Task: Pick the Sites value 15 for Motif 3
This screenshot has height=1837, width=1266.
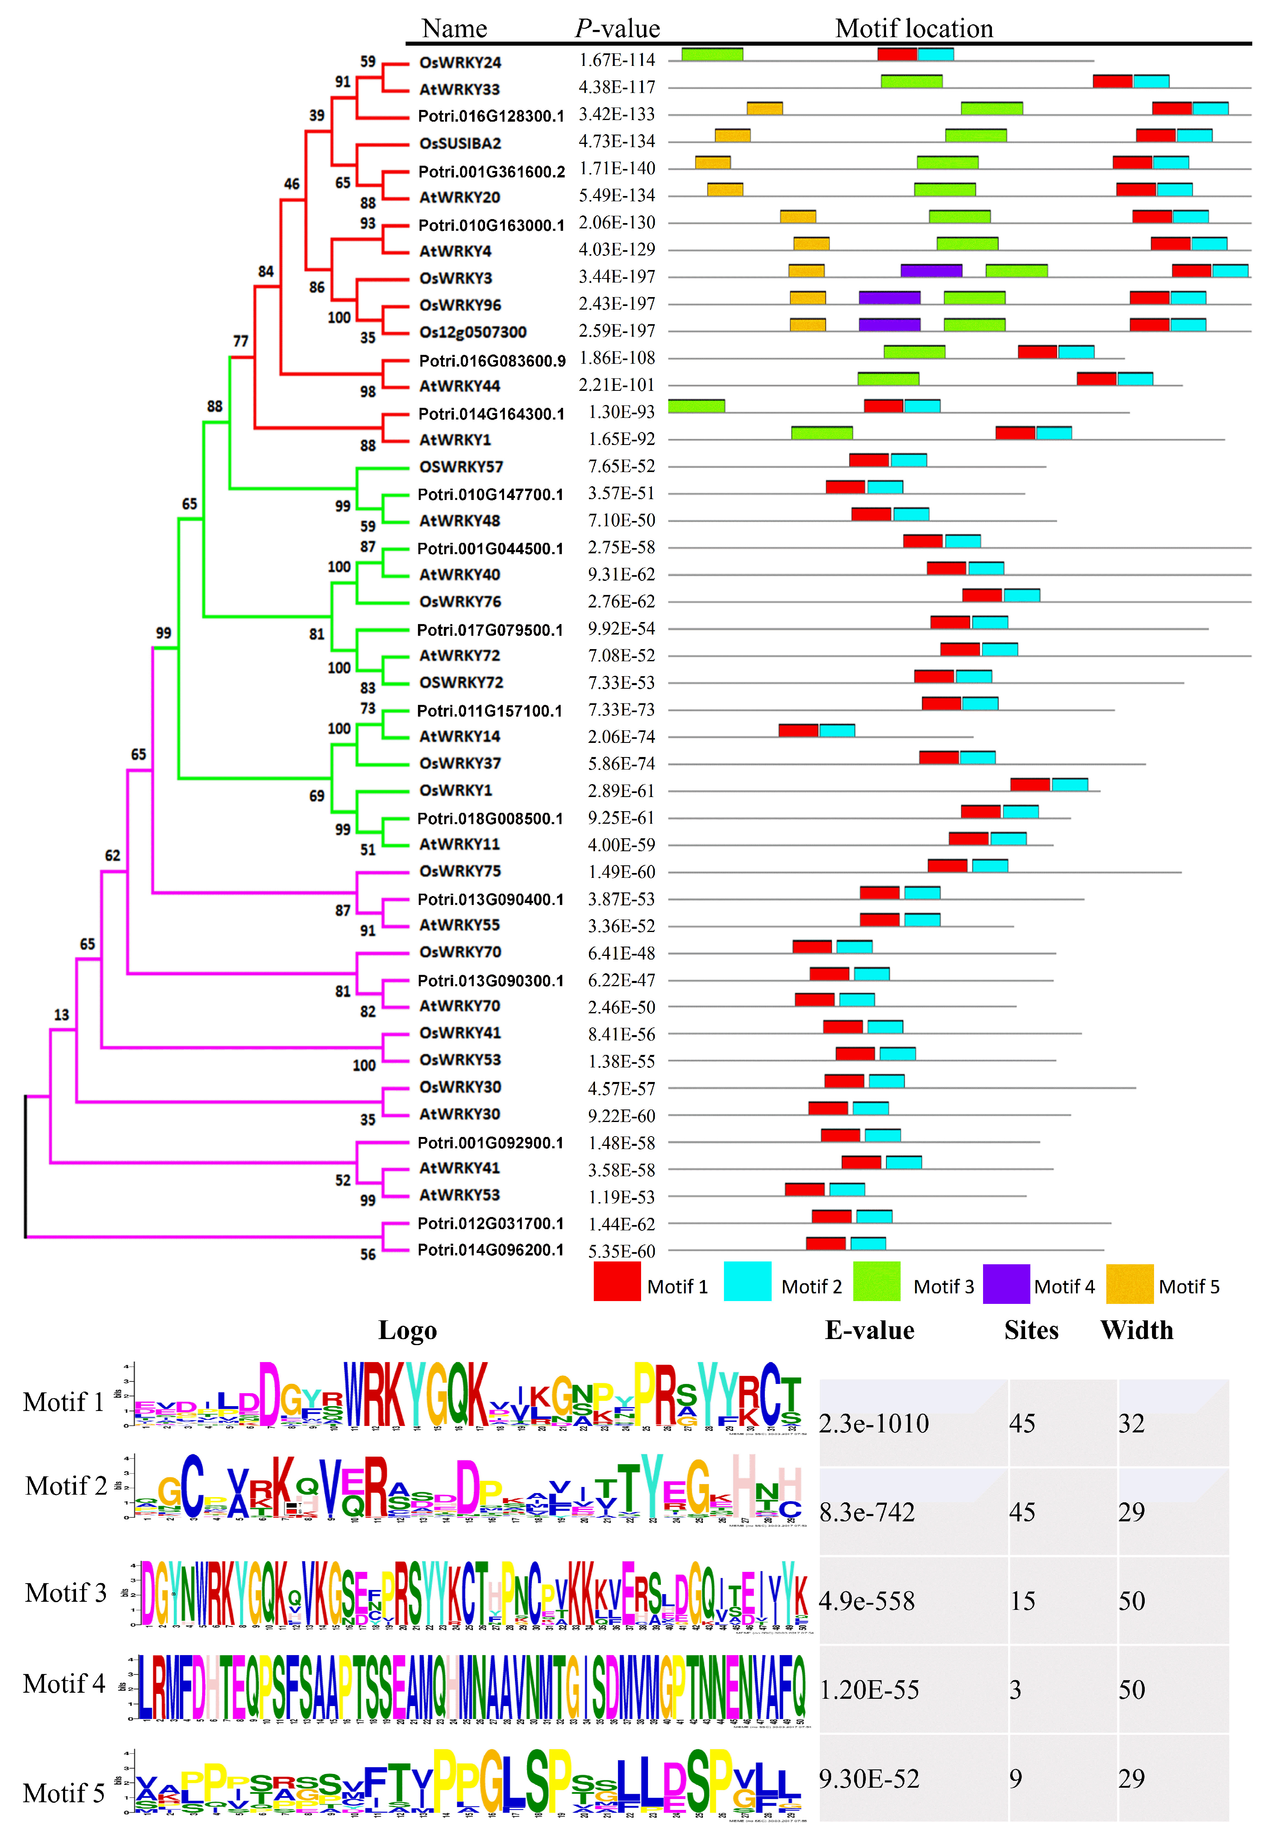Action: click(1023, 1601)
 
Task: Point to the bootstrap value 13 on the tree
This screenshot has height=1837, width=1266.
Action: click(61, 1014)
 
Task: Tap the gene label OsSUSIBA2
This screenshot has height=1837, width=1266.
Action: click(460, 143)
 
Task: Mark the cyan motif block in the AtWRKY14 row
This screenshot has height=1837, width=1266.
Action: click(837, 730)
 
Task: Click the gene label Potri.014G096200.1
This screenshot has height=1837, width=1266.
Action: click(490, 1250)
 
